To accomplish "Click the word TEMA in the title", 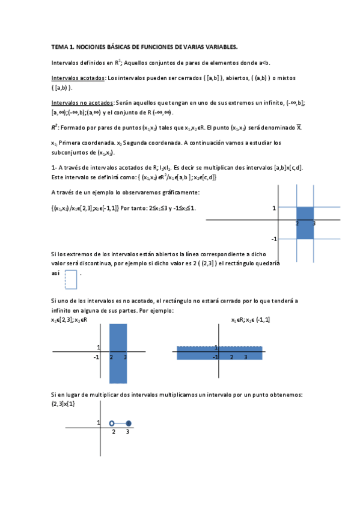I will coord(59,46).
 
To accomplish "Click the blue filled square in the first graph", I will coord(305,223).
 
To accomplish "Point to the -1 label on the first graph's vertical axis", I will coord(274,239).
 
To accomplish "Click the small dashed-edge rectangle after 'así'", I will coord(71,280).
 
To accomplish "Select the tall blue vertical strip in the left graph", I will coord(118,353).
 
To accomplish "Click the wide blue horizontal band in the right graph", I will coord(219,353).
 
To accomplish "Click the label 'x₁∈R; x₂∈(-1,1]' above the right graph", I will coord(251,319).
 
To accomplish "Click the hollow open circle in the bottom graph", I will coord(112,423).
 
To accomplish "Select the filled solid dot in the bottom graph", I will coord(128,423).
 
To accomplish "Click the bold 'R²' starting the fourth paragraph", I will coord(55,127).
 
